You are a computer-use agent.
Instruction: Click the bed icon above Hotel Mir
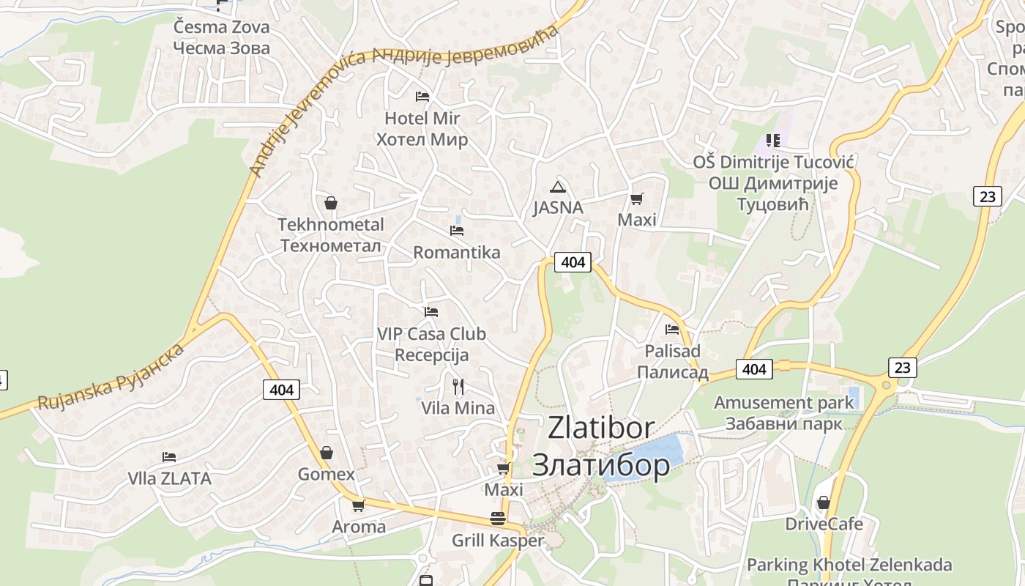(x=422, y=96)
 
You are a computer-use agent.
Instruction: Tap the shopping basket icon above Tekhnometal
(x=331, y=202)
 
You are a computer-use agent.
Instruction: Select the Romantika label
(x=457, y=253)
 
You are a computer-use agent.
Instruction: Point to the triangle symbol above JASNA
(x=558, y=187)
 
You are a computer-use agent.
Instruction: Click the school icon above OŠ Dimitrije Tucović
(x=773, y=140)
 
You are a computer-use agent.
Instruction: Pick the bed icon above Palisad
(x=672, y=329)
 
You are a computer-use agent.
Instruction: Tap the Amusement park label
(x=783, y=402)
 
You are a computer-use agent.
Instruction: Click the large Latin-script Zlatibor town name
(x=601, y=428)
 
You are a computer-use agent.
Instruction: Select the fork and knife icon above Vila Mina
(x=458, y=386)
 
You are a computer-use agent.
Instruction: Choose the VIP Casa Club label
(x=431, y=334)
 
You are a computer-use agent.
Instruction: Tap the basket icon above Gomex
(x=327, y=453)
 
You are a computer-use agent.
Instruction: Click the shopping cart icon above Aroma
(x=359, y=505)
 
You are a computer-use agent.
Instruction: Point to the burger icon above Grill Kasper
(x=498, y=519)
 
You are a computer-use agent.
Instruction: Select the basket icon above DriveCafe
(x=824, y=502)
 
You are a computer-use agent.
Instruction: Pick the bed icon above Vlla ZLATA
(x=169, y=457)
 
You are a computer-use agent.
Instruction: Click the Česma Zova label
(x=221, y=28)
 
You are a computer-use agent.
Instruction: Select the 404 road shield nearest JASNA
(x=573, y=262)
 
